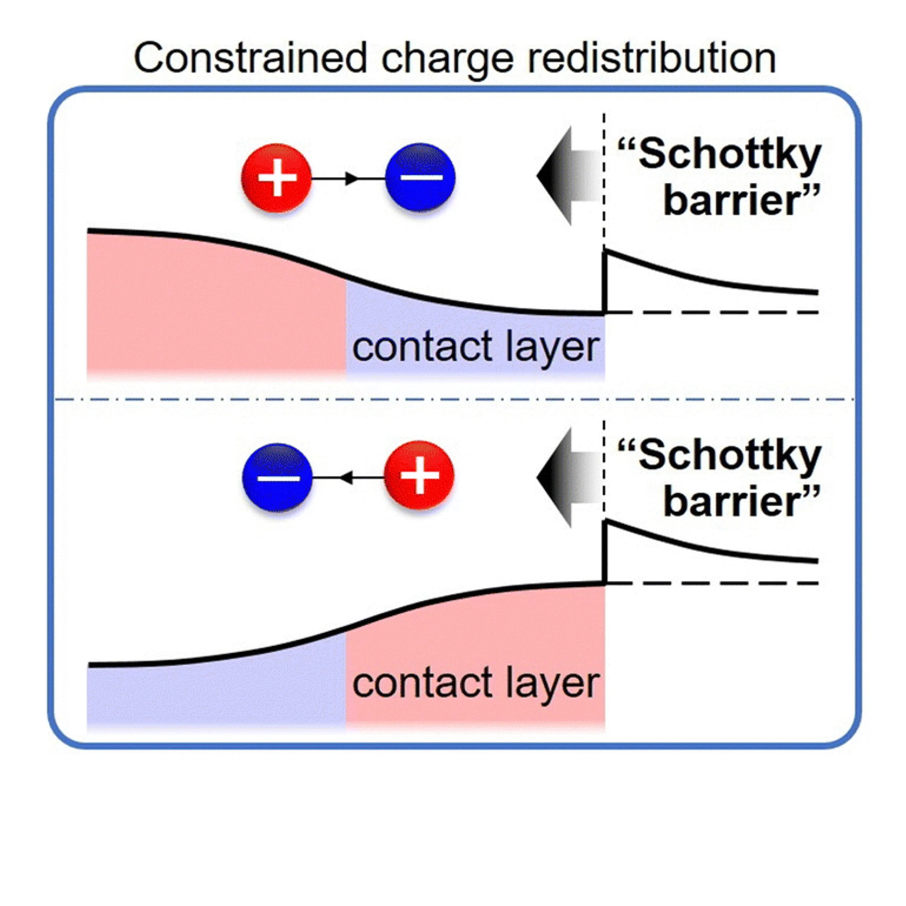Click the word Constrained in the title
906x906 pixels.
[x=250, y=58]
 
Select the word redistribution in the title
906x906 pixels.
[x=652, y=58]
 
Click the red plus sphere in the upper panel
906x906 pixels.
[x=277, y=178]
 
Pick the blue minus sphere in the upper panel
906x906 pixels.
[x=420, y=178]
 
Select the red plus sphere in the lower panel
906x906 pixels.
[x=419, y=475]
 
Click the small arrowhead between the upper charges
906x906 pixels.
[x=351, y=178]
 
